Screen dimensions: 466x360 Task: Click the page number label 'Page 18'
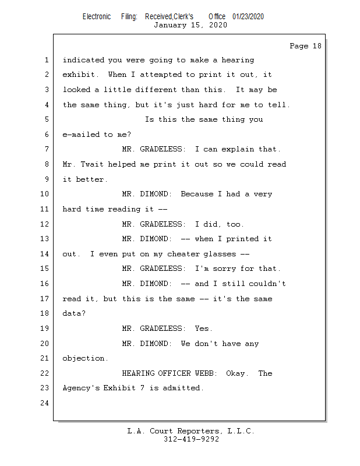tap(305, 46)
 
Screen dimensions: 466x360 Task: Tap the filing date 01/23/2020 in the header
tap(248, 16)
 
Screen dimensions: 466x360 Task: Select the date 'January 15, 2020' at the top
tap(190, 25)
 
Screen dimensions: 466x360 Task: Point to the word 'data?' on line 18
tap(74, 313)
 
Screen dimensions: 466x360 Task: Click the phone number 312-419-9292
tap(191, 439)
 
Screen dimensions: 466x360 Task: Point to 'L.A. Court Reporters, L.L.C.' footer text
tap(190, 431)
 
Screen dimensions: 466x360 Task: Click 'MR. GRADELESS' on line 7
tap(153, 149)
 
